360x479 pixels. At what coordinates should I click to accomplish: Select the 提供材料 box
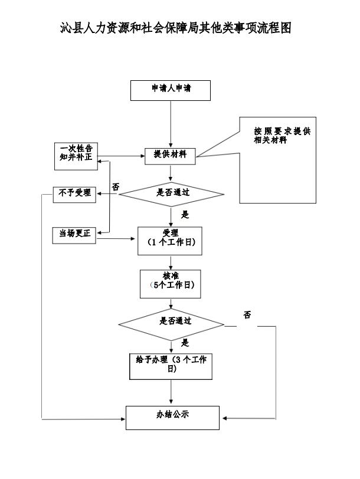(x=171, y=155)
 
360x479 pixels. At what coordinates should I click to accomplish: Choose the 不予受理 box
(x=74, y=193)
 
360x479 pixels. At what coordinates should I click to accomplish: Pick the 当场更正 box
(x=74, y=234)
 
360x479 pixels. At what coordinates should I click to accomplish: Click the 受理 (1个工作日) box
(x=171, y=240)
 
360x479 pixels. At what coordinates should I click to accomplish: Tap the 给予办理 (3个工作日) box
(x=171, y=365)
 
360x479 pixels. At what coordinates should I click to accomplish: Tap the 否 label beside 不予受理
(x=116, y=187)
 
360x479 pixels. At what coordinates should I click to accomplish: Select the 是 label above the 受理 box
(x=185, y=215)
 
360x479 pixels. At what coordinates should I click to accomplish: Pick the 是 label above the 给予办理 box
(x=185, y=343)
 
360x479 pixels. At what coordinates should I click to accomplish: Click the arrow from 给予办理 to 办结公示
(x=171, y=392)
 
